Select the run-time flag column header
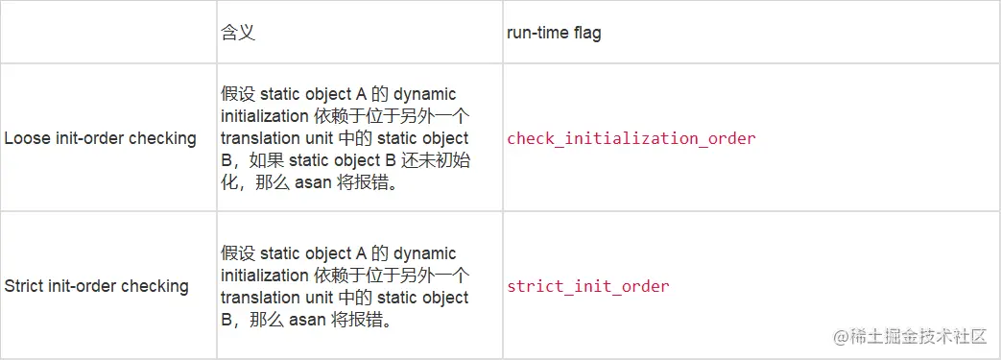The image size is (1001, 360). pos(554,33)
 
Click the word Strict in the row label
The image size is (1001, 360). pos(24,286)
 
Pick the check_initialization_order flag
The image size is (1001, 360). pos(631,138)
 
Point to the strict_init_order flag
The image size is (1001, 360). pos(587,286)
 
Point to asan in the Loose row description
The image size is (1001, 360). pos(313,182)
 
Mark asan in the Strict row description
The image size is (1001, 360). pos(313,320)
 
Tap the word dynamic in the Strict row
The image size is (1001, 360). pos(424,253)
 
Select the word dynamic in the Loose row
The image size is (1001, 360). pos(424,94)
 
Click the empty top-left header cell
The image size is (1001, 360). pos(108,33)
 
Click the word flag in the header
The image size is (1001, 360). pos(587,33)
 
